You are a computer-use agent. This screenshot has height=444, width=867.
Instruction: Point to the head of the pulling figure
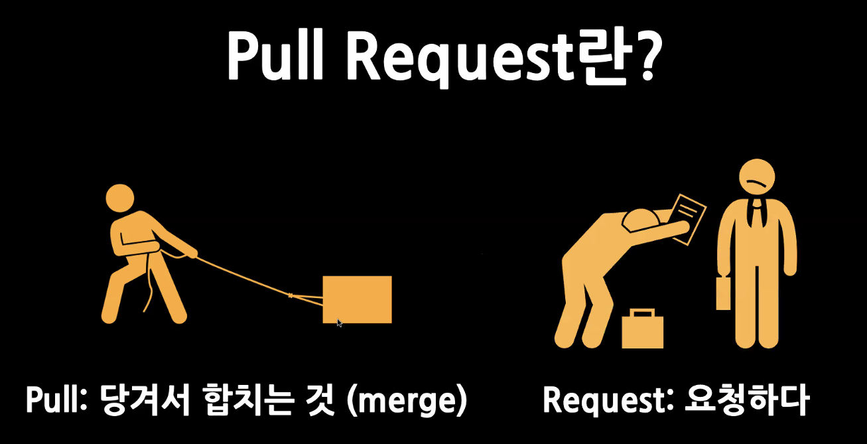click(x=120, y=198)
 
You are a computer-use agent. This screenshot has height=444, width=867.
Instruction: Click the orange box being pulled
click(x=357, y=299)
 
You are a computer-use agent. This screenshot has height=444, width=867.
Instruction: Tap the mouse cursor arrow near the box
click(x=340, y=323)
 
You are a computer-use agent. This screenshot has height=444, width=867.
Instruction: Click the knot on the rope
click(x=290, y=295)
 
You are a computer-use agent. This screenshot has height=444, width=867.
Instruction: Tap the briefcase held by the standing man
click(x=723, y=293)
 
